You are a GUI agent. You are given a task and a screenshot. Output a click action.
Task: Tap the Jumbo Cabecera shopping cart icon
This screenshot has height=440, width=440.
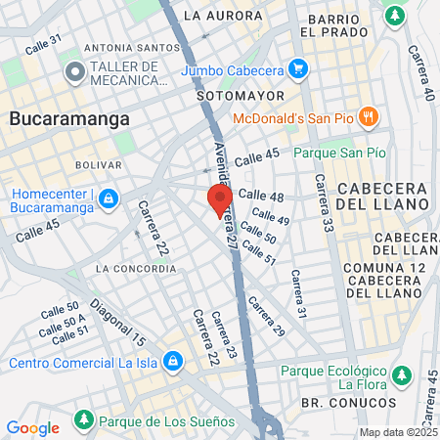click(x=299, y=69)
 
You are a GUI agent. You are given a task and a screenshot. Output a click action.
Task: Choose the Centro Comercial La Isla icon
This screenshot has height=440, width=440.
click(x=173, y=363)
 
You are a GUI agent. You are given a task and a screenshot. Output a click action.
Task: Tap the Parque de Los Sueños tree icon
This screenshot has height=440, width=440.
click(x=84, y=421)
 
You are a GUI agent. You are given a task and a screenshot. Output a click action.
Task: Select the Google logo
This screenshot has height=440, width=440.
click(x=32, y=427)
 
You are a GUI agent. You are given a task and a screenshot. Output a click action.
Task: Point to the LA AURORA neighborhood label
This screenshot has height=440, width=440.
click(x=223, y=17)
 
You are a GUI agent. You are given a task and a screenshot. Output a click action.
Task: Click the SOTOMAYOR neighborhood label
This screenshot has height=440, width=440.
click(x=240, y=96)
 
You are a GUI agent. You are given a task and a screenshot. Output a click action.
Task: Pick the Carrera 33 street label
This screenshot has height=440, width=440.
click(x=321, y=205)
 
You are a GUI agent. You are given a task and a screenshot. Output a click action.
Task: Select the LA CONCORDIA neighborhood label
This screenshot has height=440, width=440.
click(x=136, y=268)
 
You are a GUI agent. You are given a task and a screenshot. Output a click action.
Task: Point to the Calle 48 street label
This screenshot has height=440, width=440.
click(x=261, y=197)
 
